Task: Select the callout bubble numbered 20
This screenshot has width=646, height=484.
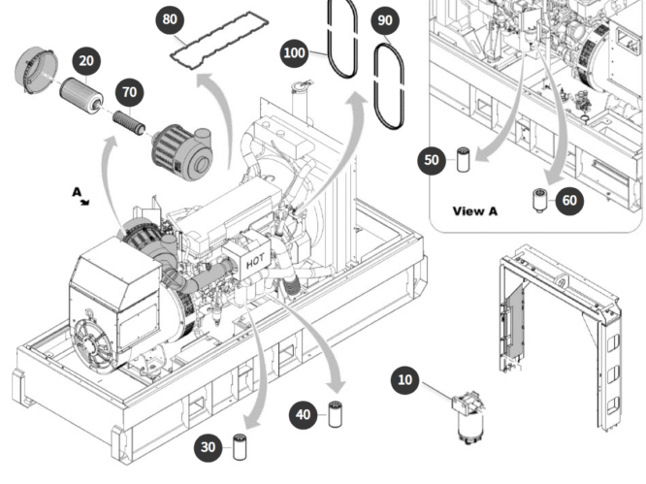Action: point(87,61)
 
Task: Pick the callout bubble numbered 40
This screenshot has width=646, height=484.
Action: point(305,414)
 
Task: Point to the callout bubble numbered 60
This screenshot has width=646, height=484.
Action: point(569,201)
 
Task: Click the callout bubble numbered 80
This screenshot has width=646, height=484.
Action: point(170,18)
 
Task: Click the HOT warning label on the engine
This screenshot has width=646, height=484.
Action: point(255,261)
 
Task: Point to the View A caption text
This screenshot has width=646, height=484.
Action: point(475,210)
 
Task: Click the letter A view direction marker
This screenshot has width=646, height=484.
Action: point(78,194)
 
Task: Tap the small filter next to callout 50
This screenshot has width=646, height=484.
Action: point(462,158)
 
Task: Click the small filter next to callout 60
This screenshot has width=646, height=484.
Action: point(538,200)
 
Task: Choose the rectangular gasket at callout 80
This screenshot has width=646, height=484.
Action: point(210,46)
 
